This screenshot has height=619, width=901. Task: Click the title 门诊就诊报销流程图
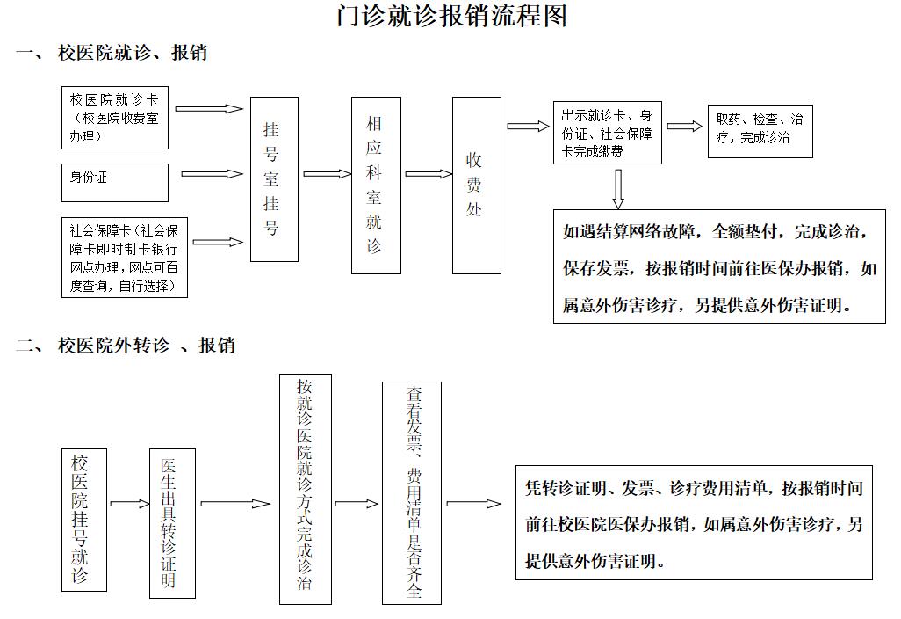(x=451, y=18)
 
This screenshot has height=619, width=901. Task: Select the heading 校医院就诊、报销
(x=132, y=53)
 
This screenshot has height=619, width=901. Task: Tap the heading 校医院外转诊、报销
(x=146, y=346)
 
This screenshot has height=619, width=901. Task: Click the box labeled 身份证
(x=114, y=182)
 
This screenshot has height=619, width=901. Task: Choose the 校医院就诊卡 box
(x=114, y=117)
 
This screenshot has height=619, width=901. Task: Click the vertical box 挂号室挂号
(x=274, y=179)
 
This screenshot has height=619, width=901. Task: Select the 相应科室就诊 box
(x=376, y=186)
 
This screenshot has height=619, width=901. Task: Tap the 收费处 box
(x=476, y=186)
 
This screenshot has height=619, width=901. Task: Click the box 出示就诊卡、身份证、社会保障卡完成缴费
(x=608, y=133)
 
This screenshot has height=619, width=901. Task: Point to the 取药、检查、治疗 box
(x=760, y=129)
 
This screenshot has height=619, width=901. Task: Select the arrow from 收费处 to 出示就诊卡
(x=526, y=127)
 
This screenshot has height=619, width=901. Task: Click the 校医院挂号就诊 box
(x=86, y=519)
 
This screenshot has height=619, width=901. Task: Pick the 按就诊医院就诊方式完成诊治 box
(x=306, y=489)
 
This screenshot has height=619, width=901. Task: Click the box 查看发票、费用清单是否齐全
(x=412, y=492)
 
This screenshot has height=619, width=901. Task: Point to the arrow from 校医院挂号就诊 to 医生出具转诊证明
(x=129, y=504)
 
